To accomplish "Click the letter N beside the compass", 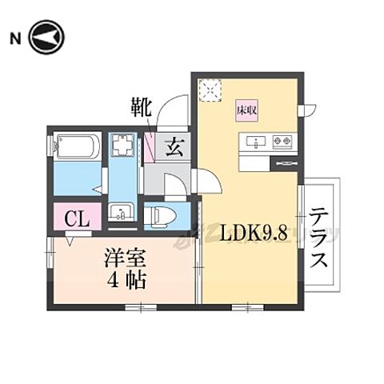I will [x=14, y=37].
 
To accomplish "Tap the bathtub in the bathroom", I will [x=78, y=149].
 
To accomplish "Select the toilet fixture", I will [x=163, y=214].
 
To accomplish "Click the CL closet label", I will [x=77, y=216].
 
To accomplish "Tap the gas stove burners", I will [x=282, y=142].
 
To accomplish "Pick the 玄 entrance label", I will [x=174, y=147].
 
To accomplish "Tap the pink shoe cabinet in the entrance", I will [x=150, y=148].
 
